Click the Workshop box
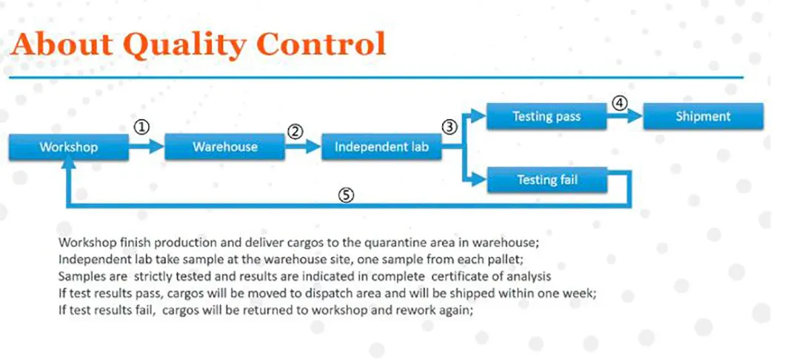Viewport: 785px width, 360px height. click(69, 147)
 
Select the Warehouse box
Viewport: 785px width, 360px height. click(225, 147)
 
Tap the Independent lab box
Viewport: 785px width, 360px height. click(381, 147)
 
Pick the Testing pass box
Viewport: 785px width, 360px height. click(547, 116)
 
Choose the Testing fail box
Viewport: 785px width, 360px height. click(547, 179)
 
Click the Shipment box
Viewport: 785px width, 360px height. click(704, 116)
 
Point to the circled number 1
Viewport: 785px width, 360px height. click(141, 127)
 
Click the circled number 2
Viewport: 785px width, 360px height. click(296, 131)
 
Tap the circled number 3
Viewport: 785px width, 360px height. click(450, 127)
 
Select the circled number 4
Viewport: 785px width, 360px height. click(619, 103)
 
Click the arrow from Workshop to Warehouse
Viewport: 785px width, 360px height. click(147, 147)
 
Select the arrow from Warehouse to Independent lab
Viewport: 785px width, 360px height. click(303, 147)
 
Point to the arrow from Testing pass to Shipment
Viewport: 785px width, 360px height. click(625, 116)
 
